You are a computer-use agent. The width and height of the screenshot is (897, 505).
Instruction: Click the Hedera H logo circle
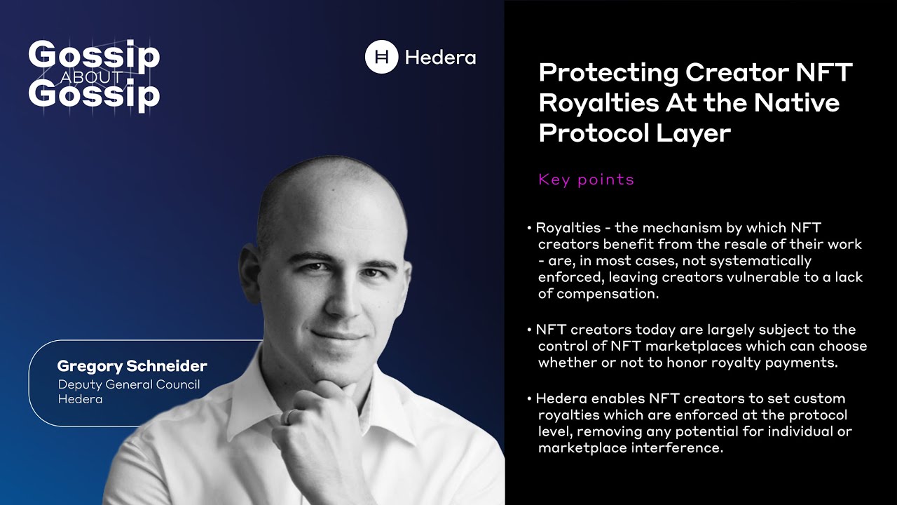tap(381, 57)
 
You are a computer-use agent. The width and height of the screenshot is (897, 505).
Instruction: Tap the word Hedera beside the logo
tap(440, 58)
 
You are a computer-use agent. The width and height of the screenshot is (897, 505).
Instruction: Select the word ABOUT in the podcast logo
tap(92, 77)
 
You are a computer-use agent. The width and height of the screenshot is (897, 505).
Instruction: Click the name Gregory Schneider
tap(132, 366)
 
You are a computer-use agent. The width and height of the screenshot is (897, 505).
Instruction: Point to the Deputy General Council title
tap(128, 384)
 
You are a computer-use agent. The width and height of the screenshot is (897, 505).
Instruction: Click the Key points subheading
tap(586, 180)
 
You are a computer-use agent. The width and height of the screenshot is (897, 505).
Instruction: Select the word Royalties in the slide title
tap(593, 103)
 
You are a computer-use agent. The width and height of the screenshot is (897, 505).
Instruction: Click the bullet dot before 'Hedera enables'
tap(529, 399)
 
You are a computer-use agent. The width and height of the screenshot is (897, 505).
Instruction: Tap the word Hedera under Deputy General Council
tap(80, 399)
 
